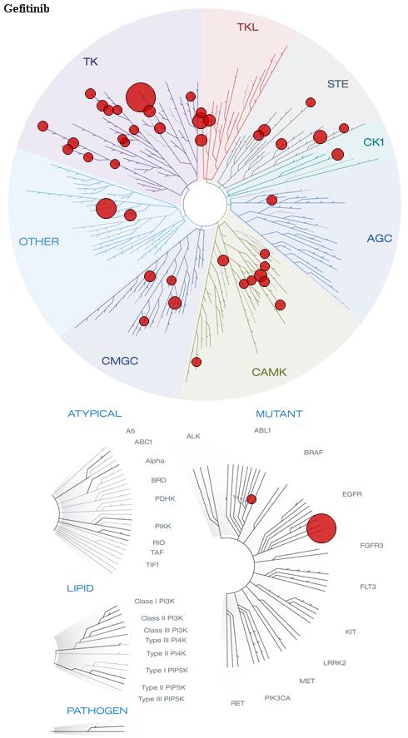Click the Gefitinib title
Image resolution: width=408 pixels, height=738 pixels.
26,8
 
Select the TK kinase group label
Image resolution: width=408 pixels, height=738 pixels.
91,62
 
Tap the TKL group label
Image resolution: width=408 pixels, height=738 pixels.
247,27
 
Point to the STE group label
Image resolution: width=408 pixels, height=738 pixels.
338,84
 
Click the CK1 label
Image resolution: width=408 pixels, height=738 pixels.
374,141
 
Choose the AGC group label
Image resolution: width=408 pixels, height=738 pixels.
379,238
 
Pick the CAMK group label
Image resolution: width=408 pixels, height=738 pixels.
269,372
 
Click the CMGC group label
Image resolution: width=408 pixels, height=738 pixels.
120,361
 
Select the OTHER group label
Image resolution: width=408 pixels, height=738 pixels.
38,242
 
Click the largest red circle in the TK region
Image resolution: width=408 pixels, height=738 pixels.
141,97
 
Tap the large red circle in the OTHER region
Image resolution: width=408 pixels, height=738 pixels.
106,209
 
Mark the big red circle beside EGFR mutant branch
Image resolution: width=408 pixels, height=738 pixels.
321,528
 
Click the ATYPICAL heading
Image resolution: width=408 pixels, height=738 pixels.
95,414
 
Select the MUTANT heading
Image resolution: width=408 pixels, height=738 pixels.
279,414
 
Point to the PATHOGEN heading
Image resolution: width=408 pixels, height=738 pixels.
97,711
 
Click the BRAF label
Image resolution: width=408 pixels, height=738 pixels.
314,453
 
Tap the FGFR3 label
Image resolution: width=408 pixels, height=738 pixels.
371,546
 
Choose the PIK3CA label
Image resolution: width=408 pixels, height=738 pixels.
277,697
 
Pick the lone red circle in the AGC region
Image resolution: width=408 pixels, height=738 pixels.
271,200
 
